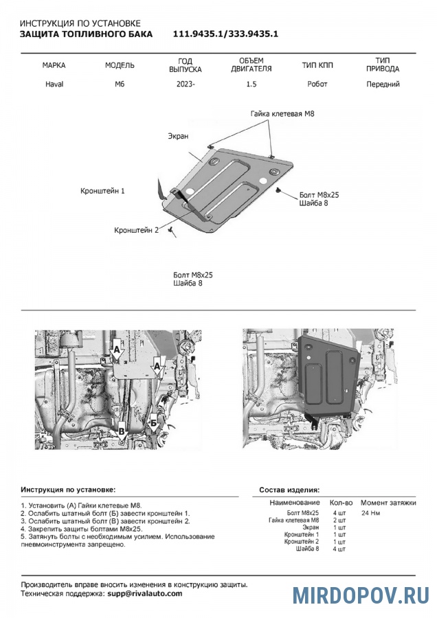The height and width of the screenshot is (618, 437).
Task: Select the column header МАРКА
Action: [54, 66]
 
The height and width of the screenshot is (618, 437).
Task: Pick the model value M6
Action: [120, 84]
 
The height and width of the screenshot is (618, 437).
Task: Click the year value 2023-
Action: [186, 84]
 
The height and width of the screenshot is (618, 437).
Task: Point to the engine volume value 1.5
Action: [253, 84]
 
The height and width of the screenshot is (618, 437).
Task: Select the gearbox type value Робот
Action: [317, 84]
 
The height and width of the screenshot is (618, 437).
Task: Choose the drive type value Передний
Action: [383, 84]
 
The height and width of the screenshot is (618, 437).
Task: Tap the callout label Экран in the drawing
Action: [178, 137]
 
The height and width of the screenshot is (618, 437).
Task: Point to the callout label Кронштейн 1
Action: [102, 190]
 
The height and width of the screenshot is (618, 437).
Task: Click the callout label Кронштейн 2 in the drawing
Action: [136, 230]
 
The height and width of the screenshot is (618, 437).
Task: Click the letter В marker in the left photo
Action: [121, 431]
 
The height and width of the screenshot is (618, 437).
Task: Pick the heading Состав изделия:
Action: [289, 490]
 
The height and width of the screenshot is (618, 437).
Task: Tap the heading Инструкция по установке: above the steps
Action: [69, 490]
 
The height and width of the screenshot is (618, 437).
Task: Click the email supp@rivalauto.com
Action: [144, 593]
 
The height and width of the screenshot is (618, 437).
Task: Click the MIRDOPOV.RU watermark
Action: [361, 595]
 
